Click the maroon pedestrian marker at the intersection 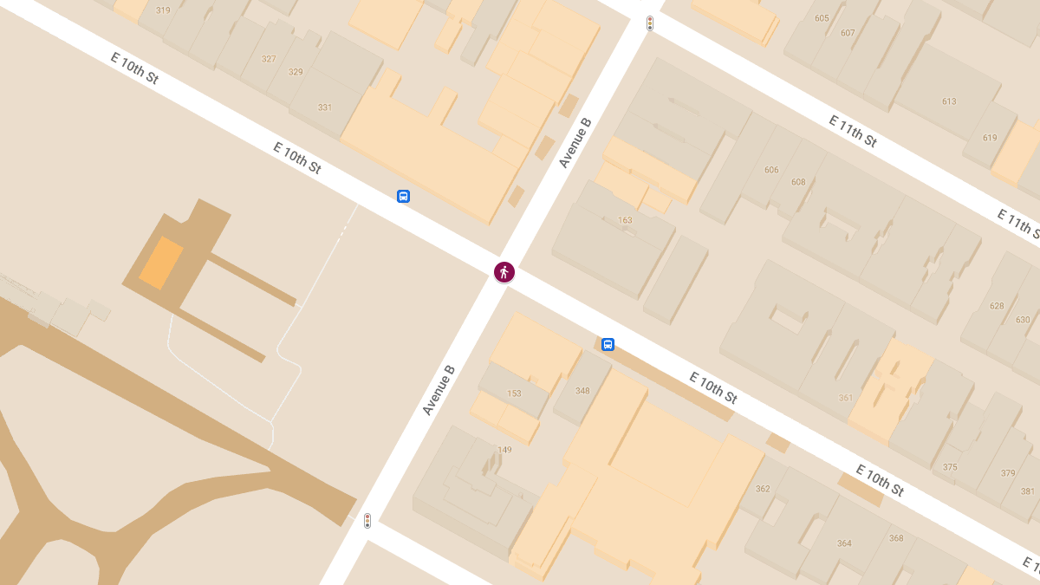point(504,272)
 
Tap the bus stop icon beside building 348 point(608,344)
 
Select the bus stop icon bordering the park point(403,196)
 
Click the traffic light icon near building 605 point(649,23)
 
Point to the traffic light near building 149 point(367,521)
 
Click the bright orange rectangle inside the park point(161,263)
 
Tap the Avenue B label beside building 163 point(575,144)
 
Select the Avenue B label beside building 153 point(439,390)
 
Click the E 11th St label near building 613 point(853,131)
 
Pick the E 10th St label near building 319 point(134,68)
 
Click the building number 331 point(325,107)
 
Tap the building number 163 point(625,220)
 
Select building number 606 point(771,170)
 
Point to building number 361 point(846,398)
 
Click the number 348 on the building point(582,391)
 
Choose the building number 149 point(504,449)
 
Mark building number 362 point(763,489)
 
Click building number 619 point(990,138)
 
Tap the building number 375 point(950,467)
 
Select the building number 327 point(269,59)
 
